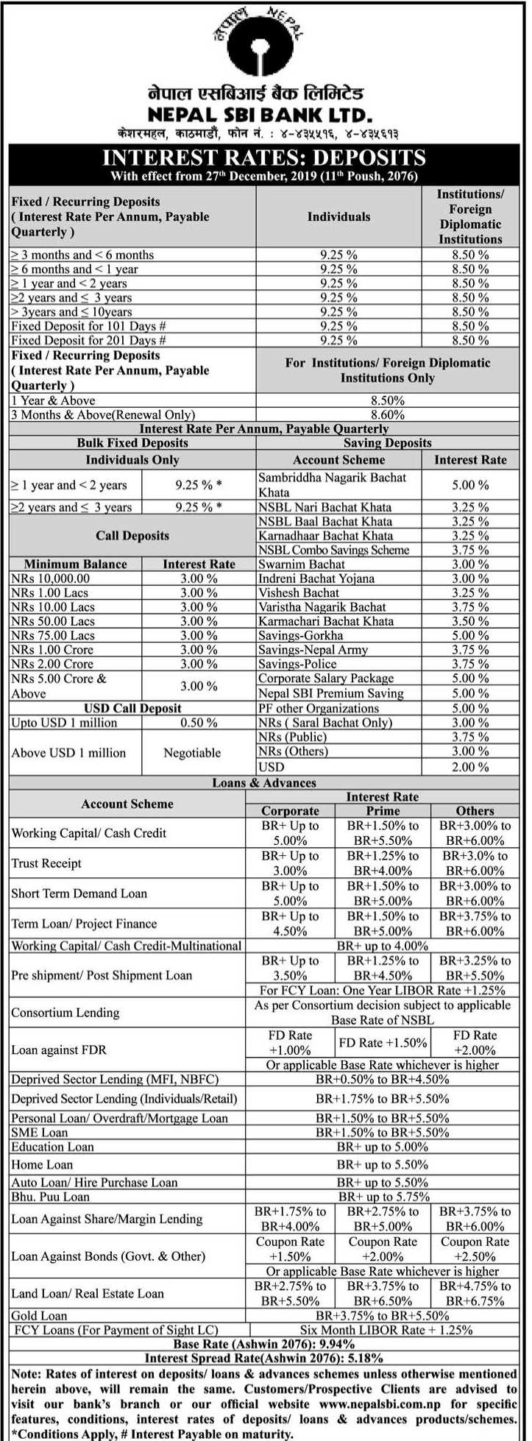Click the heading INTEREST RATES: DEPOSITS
[x=263, y=157]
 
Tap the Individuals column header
[x=338, y=216]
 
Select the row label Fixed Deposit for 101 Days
[x=88, y=326]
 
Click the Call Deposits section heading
[x=132, y=536]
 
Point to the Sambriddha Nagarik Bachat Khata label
[x=332, y=484]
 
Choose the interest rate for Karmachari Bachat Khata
[x=470, y=621]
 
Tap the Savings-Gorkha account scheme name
[x=300, y=635]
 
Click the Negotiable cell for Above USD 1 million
[x=192, y=753]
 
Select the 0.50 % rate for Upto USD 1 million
[x=199, y=723]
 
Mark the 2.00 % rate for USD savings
[x=470, y=767]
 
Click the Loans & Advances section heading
[x=264, y=783]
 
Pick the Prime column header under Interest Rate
[x=383, y=811]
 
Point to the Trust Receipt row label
[x=46, y=863]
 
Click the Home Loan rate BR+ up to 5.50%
[x=382, y=1164]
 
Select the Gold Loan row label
[x=39, y=1315]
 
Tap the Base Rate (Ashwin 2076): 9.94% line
[x=263, y=1344]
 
